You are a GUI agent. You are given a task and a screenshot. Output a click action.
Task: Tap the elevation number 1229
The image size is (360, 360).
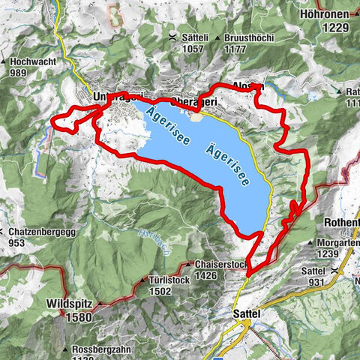(x=337, y=27)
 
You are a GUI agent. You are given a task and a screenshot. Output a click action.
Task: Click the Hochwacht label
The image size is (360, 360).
(x=31, y=61)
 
